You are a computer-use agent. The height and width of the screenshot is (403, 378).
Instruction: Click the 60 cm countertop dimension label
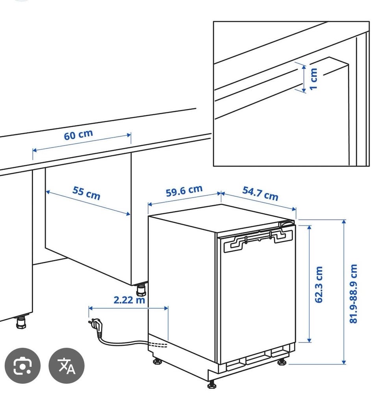pyautogui.click(x=78, y=135)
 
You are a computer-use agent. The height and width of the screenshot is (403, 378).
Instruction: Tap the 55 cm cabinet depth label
pyautogui.click(x=86, y=193)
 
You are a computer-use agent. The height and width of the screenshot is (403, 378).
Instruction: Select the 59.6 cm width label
pyautogui.click(x=184, y=191)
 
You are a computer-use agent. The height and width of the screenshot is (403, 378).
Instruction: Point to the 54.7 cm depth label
pyautogui.click(x=260, y=194)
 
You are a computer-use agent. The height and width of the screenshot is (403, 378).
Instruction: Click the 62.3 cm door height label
pyautogui.click(x=319, y=285)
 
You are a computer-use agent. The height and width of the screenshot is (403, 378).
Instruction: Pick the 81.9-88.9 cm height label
pyautogui.click(x=353, y=294)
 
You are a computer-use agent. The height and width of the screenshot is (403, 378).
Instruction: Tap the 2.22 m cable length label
pyautogui.click(x=129, y=299)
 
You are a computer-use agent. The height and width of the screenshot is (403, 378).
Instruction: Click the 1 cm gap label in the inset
pyautogui.click(x=313, y=79)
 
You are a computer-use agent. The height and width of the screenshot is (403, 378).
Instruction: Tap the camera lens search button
pyautogui.click(x=22, y=366)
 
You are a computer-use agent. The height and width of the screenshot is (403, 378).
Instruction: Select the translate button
pyautogui.click(x=67, y=366)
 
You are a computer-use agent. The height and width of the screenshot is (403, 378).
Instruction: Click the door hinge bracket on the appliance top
pyautogui.click(x=258, y=239)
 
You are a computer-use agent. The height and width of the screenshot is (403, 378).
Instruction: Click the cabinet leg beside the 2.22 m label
pyautogui.click(x=141, y=289)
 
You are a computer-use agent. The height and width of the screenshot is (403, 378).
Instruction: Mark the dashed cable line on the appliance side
pyautogui.click(x=158, y=345)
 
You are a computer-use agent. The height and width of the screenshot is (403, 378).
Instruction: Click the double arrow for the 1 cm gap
pyautogui.click(x=304, y=78)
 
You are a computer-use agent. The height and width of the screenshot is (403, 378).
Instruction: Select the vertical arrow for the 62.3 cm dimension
pyautogui.click(x=309, y=284)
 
